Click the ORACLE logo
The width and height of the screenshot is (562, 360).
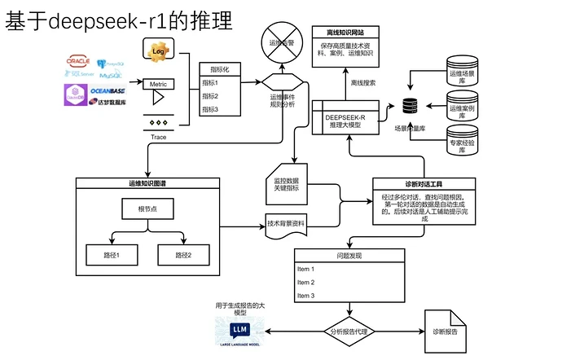[78, 60]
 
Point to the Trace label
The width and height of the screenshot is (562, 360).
[159, 137]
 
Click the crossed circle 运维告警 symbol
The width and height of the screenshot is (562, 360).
[282, 37]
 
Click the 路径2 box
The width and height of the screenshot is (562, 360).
[183, 256]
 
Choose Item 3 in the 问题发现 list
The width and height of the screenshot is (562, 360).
[306, 296]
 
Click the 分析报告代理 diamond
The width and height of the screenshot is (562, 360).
[351, 331]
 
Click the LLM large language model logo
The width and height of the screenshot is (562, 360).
[239, 331]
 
